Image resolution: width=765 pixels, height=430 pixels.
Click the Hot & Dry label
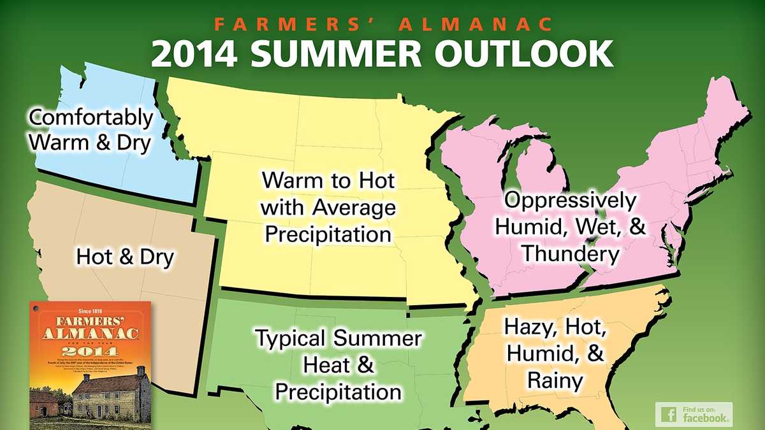coord(125,257)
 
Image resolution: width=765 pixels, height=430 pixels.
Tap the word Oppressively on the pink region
coord(569,201)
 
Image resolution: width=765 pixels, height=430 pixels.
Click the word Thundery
coord(570,254)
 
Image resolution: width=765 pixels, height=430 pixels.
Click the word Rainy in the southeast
coord(554,382)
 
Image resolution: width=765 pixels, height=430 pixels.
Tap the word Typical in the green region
coord(291,338)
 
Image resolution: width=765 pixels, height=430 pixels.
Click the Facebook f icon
coord(669,415)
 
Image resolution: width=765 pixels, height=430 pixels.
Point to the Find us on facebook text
coord(704,415)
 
